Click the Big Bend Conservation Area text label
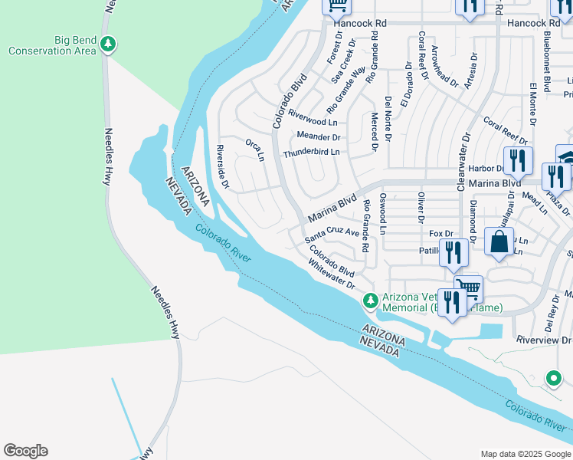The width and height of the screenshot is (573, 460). point(52,45)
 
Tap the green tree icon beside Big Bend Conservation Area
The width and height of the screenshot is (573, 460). point(110,44)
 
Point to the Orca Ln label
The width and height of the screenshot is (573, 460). point(254,149)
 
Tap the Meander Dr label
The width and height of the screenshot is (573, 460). point(318,137)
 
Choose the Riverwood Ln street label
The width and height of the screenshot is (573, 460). point(312,121)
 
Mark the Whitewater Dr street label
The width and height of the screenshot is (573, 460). point(332,274)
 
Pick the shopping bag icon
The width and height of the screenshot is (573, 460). point(499,242)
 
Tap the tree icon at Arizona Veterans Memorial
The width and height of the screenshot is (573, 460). point(370,299)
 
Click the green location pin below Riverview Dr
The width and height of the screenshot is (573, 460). point(553,377)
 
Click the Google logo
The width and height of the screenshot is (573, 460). point(25,451)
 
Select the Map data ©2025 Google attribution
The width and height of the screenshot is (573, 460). point(525,454)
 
